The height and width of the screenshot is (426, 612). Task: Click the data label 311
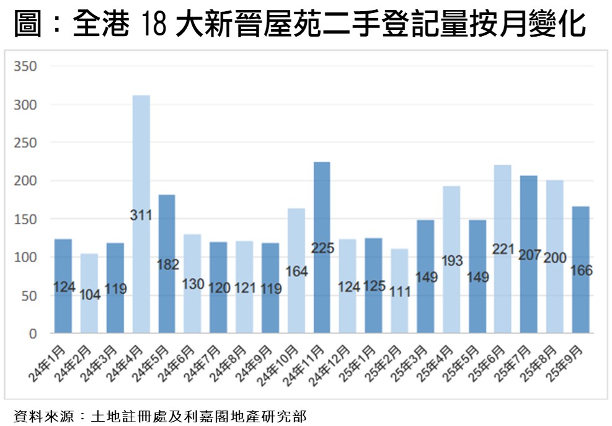coord(141,216)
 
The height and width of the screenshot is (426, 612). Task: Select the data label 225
coord(322,249)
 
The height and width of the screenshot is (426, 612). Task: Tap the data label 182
coord(167,265)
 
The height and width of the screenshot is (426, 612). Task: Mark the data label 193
coord(451,261)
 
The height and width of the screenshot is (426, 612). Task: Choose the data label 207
coord(529,255)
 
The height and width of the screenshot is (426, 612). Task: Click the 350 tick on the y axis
coord(26,66)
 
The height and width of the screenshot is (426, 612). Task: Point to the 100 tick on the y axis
coord(26,258)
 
